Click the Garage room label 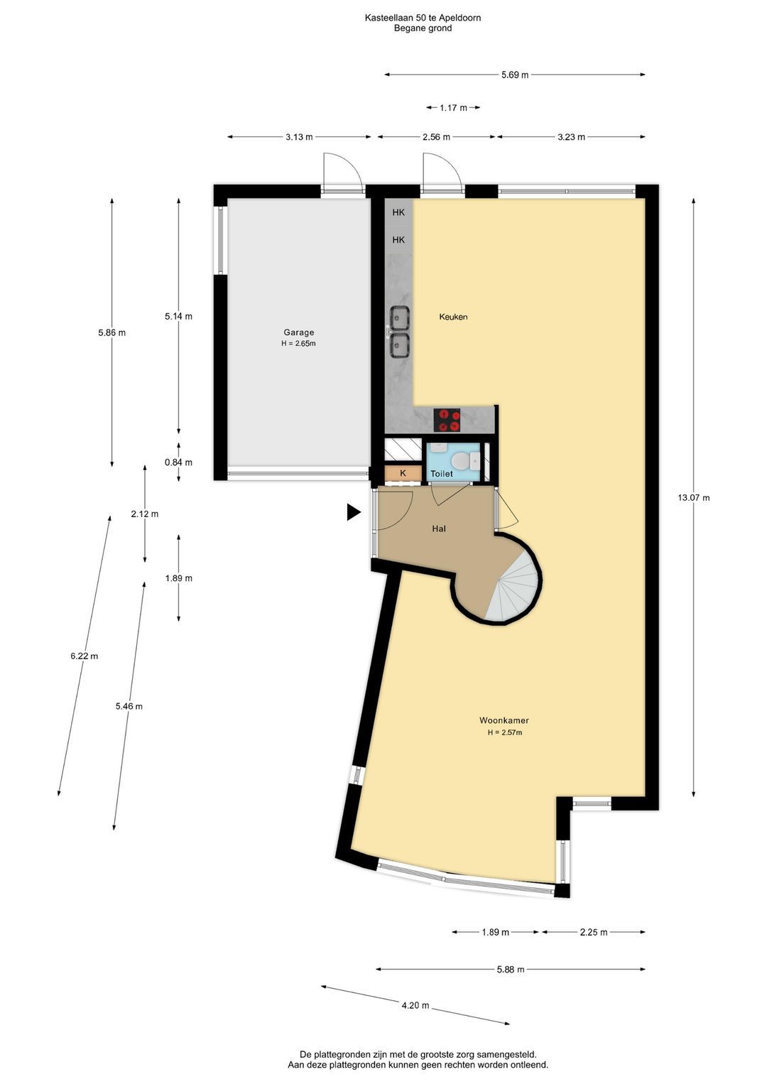point(298,332)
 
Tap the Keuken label point(453,317)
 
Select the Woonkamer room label point(504,720)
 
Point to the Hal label point(439,529)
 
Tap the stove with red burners point(447,420)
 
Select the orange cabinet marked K point(403,473)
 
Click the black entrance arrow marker point(354,512)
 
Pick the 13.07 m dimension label point(693,497)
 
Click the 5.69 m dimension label point(514,75)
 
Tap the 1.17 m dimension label point(453,108)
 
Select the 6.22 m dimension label point(85,656)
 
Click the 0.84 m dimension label point(178,462)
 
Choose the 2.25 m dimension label point(593,932)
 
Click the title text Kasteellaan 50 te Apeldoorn point(423,18)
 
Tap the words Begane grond point(423,28)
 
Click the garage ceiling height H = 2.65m point(298,344)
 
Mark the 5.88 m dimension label point(511,970)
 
